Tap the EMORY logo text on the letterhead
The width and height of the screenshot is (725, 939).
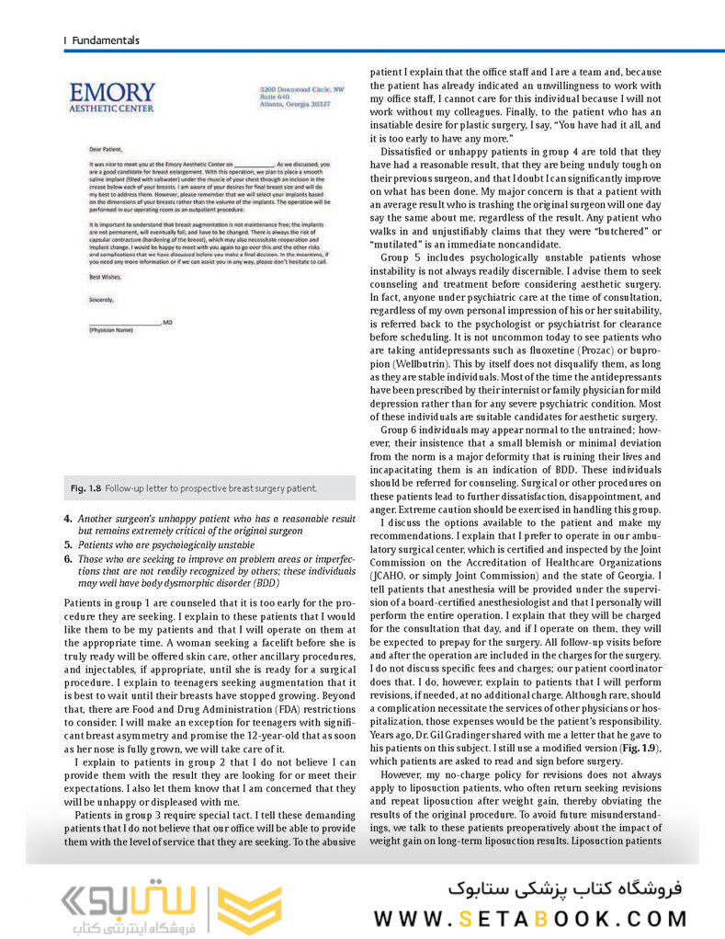tap(112, 93)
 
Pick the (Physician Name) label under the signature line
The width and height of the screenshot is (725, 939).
tap(111, 328)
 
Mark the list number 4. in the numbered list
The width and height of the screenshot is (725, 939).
tap(68, 519)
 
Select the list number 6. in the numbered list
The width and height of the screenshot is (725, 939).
tap(68, 558)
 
